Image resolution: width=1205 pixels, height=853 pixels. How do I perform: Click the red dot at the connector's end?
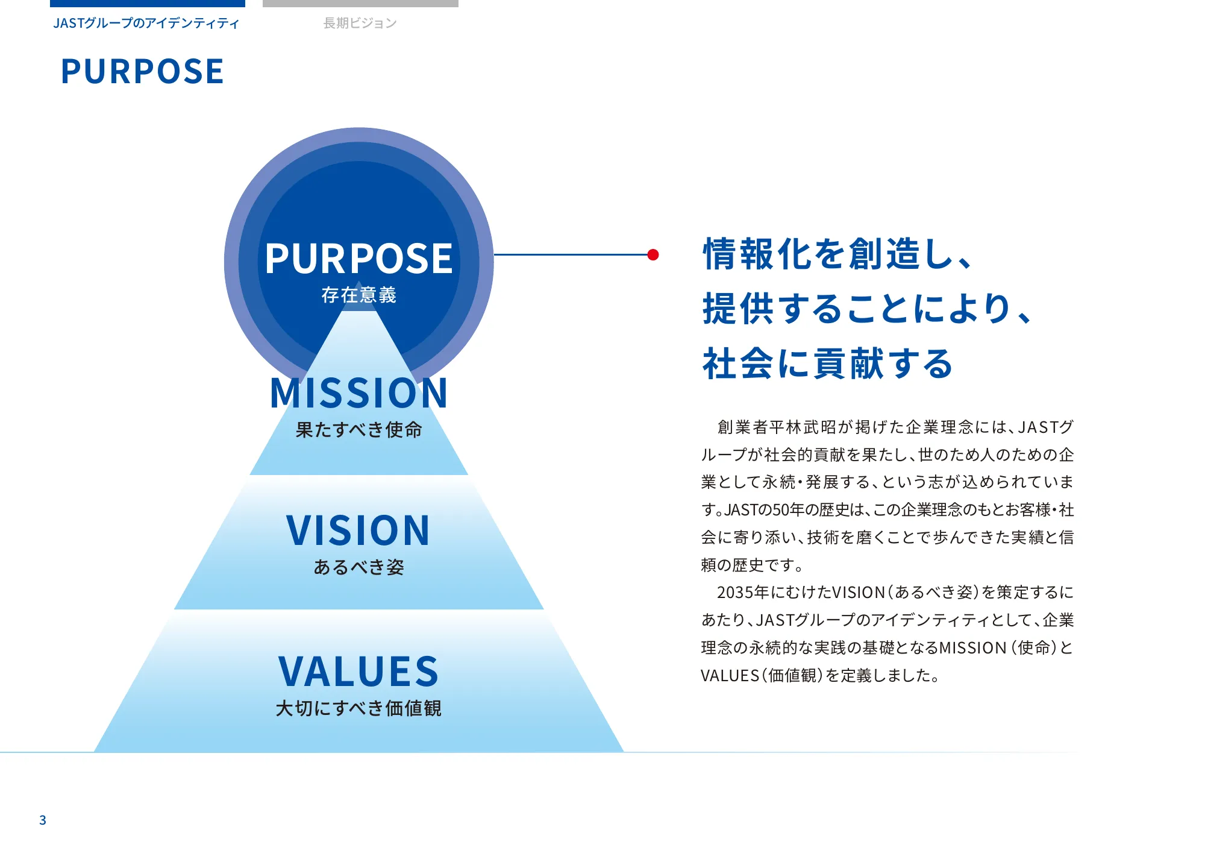[x=653, y=254]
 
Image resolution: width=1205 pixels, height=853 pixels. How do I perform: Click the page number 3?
[x=43, y=820]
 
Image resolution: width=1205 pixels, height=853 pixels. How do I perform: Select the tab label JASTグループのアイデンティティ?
[x=146, y=24]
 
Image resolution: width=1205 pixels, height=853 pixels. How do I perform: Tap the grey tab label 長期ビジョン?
[x=360, y=24]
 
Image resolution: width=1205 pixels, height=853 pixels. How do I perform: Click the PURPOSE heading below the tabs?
[x=143, y=71]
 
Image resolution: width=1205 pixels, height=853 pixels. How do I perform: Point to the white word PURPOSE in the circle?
[x=359, y=259]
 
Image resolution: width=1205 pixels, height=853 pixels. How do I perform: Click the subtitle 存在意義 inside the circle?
[x=359, y=295]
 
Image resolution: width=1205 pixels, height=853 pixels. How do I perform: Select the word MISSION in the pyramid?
[x=359, y=393]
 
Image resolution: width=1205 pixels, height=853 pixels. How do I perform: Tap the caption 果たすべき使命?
[x=359, y=430]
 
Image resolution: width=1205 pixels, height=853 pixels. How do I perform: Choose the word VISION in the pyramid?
[x=359, y=530]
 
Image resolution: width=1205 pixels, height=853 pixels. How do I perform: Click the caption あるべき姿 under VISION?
[x=359, y=567]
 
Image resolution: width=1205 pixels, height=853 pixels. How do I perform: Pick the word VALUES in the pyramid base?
[x=359, y=672]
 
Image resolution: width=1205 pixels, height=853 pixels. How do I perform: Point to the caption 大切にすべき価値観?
[x=359, y=708]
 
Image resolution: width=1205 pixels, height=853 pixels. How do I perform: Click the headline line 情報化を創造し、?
[x=838, y=254]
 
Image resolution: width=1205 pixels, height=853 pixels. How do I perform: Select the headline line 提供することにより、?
[x=868, y=309]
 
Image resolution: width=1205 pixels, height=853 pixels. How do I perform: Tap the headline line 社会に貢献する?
[x=828, y=364]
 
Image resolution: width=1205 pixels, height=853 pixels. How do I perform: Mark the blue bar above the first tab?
[x=148, y=4]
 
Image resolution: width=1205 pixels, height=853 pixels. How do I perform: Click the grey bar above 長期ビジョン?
[x=360, y=4]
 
